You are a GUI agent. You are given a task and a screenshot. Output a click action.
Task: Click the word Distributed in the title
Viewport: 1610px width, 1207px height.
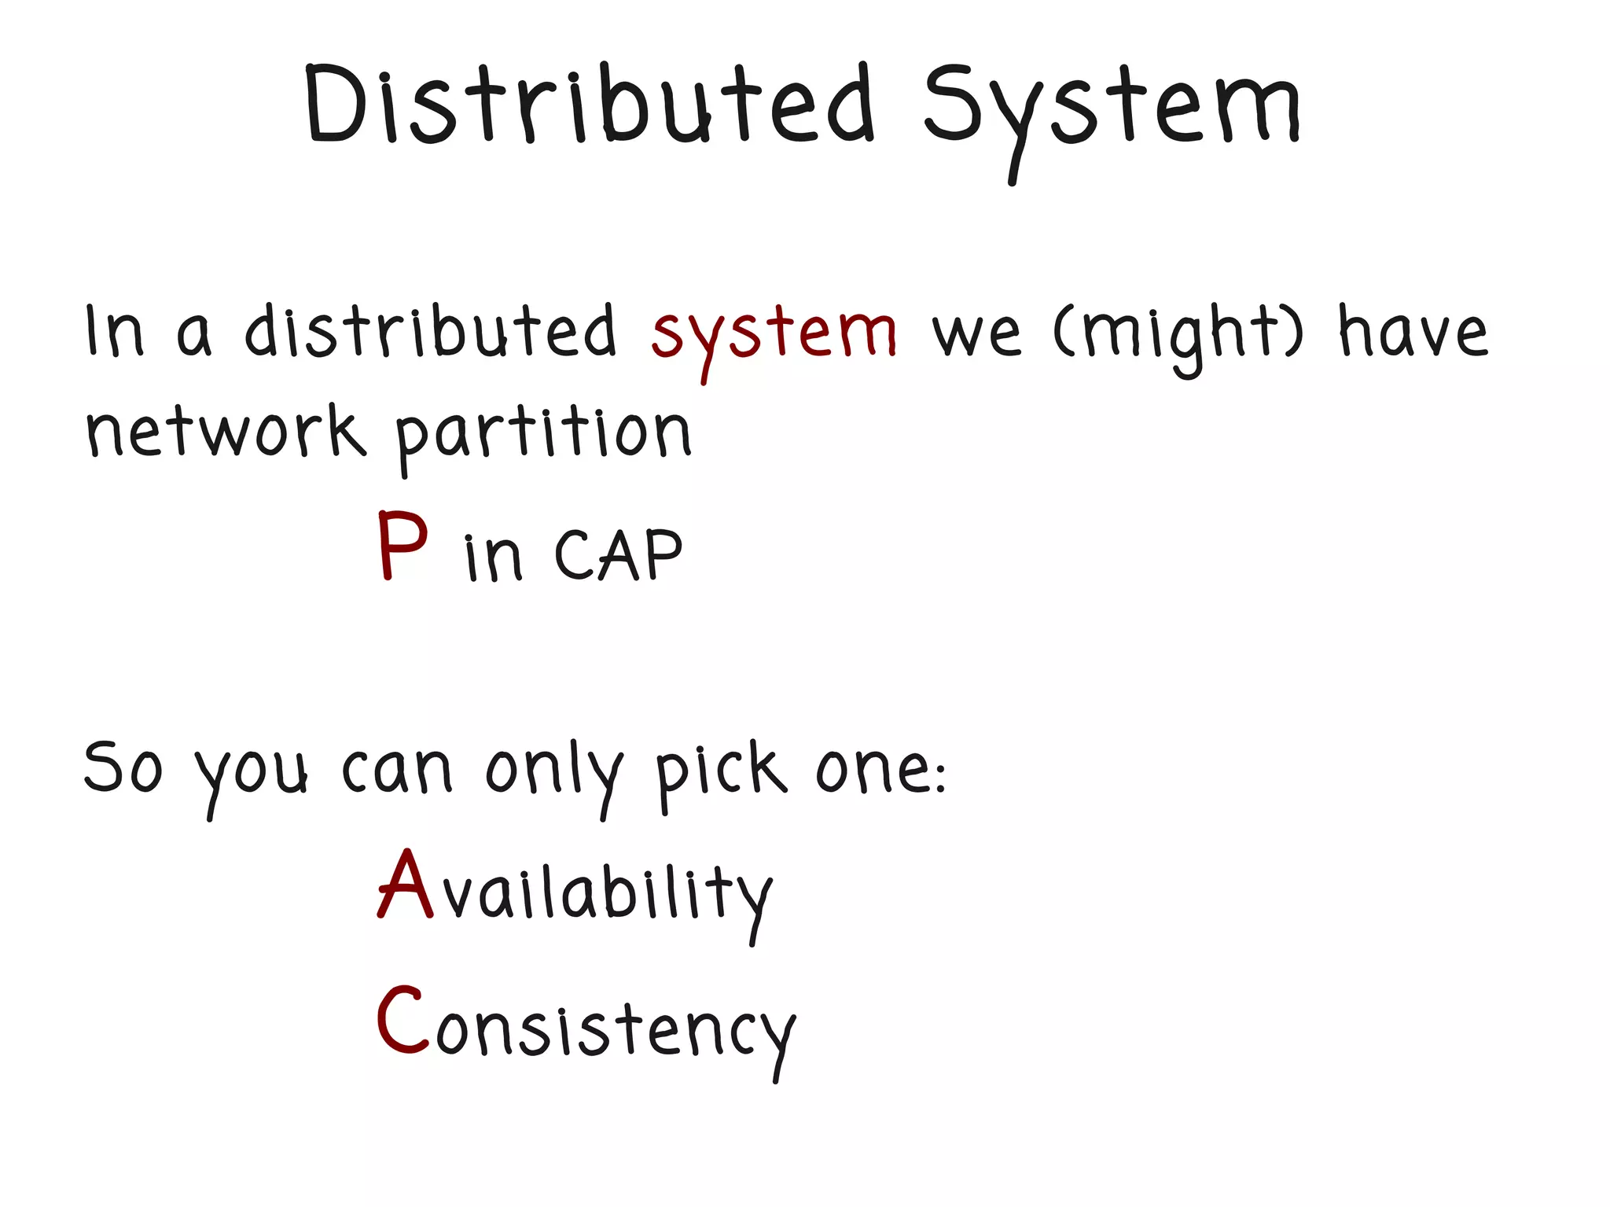pos(590,106)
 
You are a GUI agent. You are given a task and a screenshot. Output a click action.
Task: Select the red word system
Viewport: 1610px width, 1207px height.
pos(774,334)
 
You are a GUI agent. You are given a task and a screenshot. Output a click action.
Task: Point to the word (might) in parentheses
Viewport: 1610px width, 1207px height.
pos(1178,334)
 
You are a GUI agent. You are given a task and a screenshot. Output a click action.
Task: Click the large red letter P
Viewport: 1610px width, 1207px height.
pos(402,546)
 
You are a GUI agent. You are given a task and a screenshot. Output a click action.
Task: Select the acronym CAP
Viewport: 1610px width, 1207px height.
pos(619,555)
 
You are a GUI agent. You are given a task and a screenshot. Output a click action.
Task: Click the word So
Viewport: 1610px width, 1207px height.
pos(123,767)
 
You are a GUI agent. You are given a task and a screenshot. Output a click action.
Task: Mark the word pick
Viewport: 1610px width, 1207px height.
pos(720,770)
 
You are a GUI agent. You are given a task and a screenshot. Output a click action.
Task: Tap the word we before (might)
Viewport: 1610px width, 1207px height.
pos(976,334)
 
